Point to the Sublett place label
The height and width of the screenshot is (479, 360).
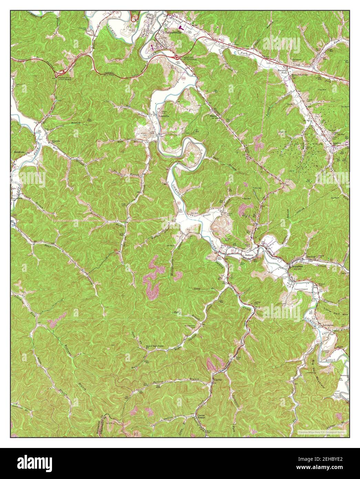pyautogui.click(x=249, y=255)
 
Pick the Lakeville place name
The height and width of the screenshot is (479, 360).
pyautogui.click(x=164, y=116)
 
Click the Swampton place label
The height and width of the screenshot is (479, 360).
pyautogui.click(x=329, y=325)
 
